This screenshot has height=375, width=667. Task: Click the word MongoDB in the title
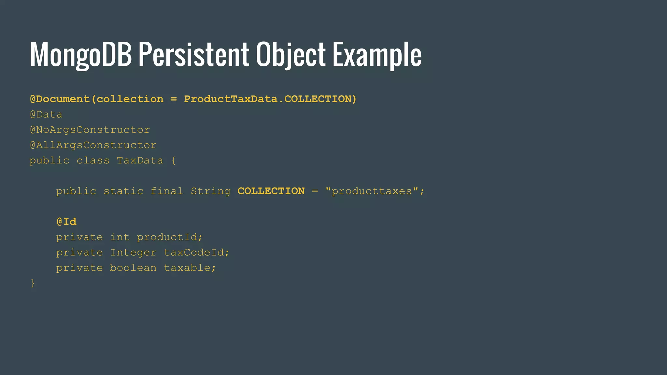pyautogui.click(x=81, y=55)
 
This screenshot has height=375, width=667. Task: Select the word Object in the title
pyautogui.click(x=291, y=55)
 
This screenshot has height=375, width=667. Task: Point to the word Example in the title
pyautogui.click(x=377, y=55)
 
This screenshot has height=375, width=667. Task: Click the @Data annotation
pyautogui.click(x=46, y=115)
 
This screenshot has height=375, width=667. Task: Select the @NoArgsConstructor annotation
pyautogui.click(x=90, y=130)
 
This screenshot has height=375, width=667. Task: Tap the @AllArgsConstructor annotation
pyautogui.click(x=93, y=145)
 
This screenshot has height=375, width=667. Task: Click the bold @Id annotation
pyautogui.click(x=66, y=222)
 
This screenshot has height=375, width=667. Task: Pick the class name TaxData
pyautogui.click(x=140, y=160)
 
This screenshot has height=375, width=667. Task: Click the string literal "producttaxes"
pyautogui.click(x=371, y=191)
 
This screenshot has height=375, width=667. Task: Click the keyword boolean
pyautogui.click(x=133, y=268)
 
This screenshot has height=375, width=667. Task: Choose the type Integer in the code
pyautogui.click(x=133, y=253)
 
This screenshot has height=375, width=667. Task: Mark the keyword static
pyautogui.click(x=123, y=191)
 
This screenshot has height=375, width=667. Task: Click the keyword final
pyautogui.click(x=167, y=191)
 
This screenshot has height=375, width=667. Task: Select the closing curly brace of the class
pyautogui.click(x=33, y=283)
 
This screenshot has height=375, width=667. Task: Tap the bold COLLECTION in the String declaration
pyautogui.click(x=271, y=191)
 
